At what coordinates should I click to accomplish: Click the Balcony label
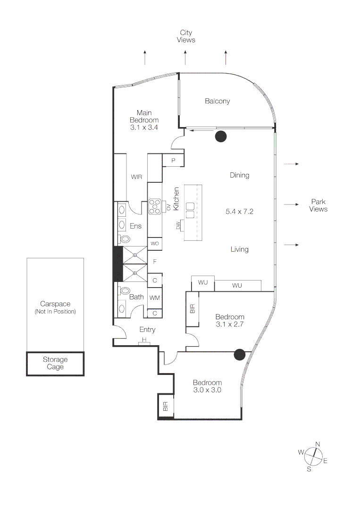click(x=217, y=101)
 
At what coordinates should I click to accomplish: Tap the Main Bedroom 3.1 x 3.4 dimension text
click(x=144, y=127)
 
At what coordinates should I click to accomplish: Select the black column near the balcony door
click(x=221, y=136)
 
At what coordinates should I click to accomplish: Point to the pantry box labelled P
click(x=173, y=161)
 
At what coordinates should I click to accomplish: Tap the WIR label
click(x=136, y=177)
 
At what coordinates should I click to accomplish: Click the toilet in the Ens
click(x=124, y=240)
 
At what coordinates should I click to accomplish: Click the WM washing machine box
click(x=155, y=298)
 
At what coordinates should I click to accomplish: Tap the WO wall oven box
click(x=155, y=243)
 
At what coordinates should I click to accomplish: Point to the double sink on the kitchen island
click(x=190, y=210)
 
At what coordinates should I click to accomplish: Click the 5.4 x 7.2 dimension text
click(x=240, y=212)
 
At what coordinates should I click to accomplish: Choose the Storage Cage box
click(x=55, y=364)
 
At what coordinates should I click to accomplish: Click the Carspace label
click(x=55, y=304)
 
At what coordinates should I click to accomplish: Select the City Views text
click(x=186, y=36)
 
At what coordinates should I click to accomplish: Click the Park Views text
click(x=318, y=205)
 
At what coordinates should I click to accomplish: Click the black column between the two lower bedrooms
click(x=240, y=354)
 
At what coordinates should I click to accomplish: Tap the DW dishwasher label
click(x=178, y=226)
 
